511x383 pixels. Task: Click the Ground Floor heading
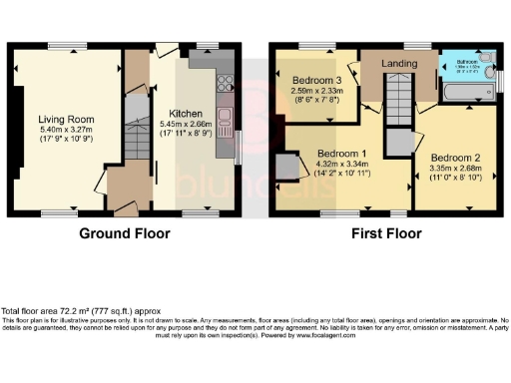124,236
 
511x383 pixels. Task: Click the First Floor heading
385,236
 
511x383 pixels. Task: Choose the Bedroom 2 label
455,158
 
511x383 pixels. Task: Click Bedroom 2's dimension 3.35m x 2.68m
455,169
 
